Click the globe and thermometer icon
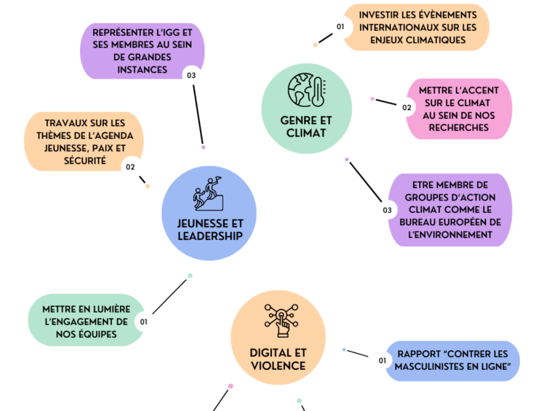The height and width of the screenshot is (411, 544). click(x=307, y=90)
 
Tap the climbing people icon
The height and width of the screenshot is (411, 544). click(x=208, y=194)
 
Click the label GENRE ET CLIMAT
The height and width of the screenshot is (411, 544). click(x=306, y=127)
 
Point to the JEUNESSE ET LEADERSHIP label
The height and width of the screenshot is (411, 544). click(x=210, y=230)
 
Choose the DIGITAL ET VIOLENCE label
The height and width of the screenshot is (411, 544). click(x=278, y=360)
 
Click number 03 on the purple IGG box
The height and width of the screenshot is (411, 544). click(x=191, y=76)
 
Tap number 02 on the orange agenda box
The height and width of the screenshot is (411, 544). click(x=130, y=167)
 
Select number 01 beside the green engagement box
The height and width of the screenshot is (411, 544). click(x=143, y=322)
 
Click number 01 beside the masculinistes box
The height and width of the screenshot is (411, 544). click(x=382, y=361)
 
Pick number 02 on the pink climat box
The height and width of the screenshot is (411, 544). click(x=407, y=108)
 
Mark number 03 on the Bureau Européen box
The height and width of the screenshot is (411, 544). click(x=387, y=210)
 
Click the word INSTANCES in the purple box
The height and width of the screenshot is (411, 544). click(x=142, y=70)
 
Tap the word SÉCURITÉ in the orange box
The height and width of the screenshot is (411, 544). click(x=85, y=161)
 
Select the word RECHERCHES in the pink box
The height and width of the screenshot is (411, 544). click(x=459, y=128)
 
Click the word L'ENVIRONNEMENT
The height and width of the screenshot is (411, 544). click(x=450, y=235)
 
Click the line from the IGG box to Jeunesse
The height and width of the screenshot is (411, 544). click(x=198, y=114)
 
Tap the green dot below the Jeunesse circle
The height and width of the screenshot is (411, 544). click(x=190, y=276)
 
